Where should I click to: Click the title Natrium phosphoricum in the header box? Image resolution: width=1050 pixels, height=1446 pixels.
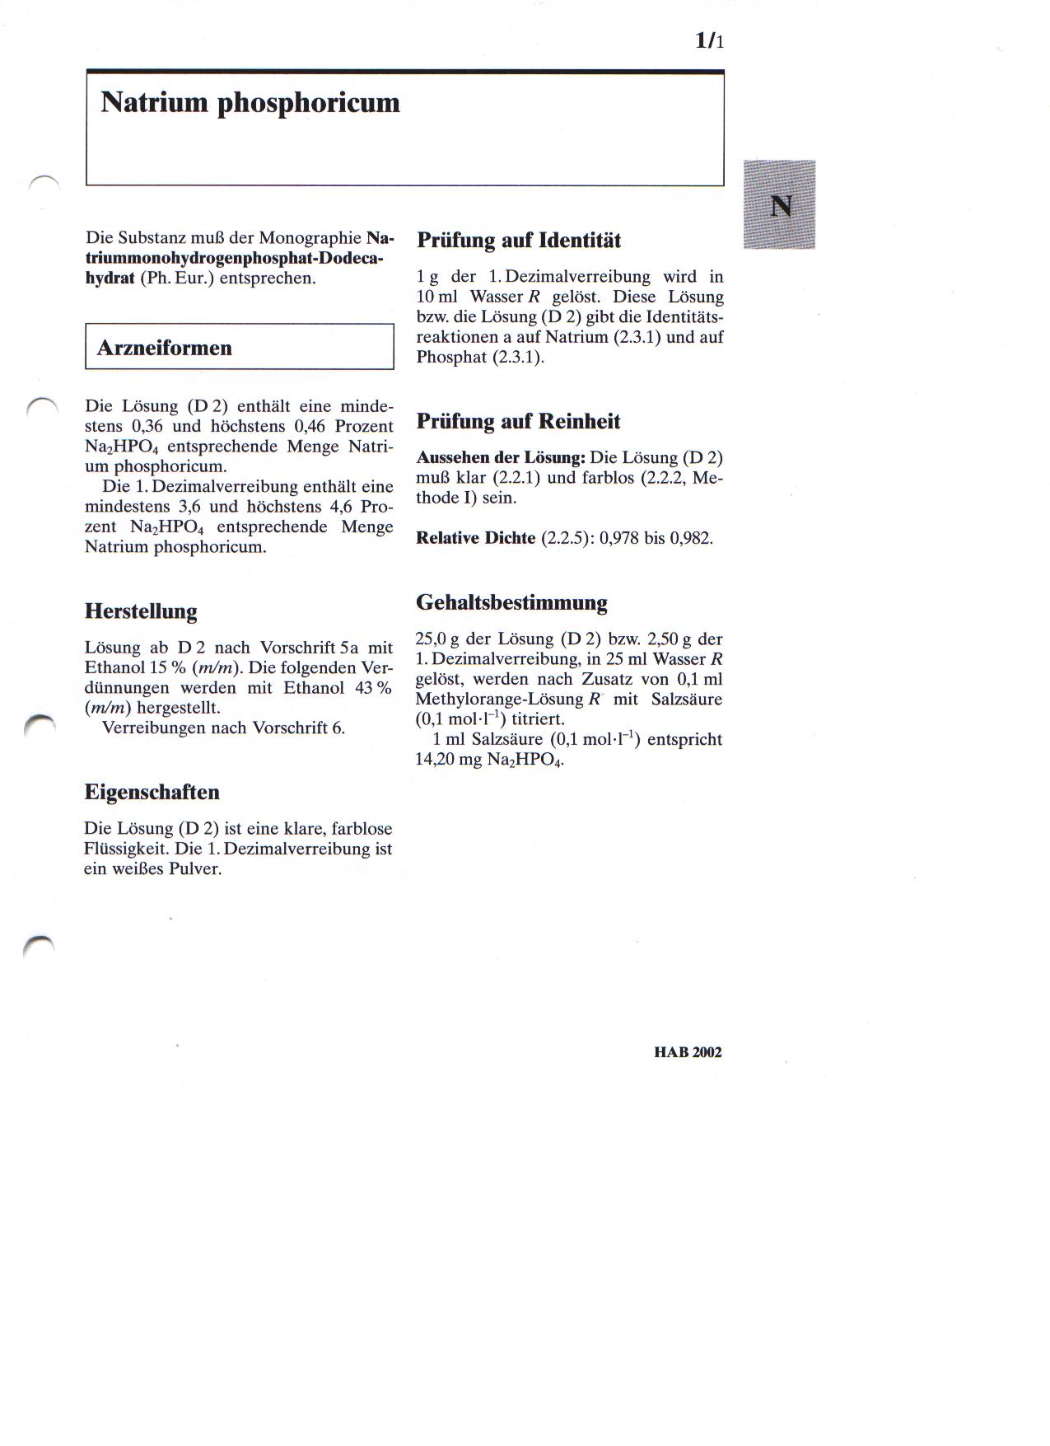coord(250,103)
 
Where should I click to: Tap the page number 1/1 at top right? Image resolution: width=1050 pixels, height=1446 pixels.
coord(709,40)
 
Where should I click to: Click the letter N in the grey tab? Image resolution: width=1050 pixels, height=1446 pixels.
coord(780,205)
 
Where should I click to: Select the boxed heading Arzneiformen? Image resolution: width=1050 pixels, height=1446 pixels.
coord(165,348)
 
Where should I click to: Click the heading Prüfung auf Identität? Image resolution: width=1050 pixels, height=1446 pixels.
coord(519,241)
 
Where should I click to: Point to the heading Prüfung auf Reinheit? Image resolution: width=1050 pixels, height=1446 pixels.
coord(518,422)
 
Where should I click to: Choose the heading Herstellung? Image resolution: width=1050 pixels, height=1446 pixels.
coord(141,611)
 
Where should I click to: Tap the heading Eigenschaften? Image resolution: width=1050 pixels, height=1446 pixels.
coord(152,793)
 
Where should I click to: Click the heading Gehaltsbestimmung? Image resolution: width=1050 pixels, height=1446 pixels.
coord(511,602)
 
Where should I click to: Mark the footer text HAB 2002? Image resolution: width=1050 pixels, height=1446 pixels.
coord(688,1052)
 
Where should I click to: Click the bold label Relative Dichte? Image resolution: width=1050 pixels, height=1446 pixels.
coord(476,538)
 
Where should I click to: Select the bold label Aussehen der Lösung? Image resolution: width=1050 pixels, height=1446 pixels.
coord(501,457)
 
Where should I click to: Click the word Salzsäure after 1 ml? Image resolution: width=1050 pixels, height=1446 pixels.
coord(506,739)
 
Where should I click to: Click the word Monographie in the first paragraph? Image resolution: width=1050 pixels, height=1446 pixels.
coord(310,238)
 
